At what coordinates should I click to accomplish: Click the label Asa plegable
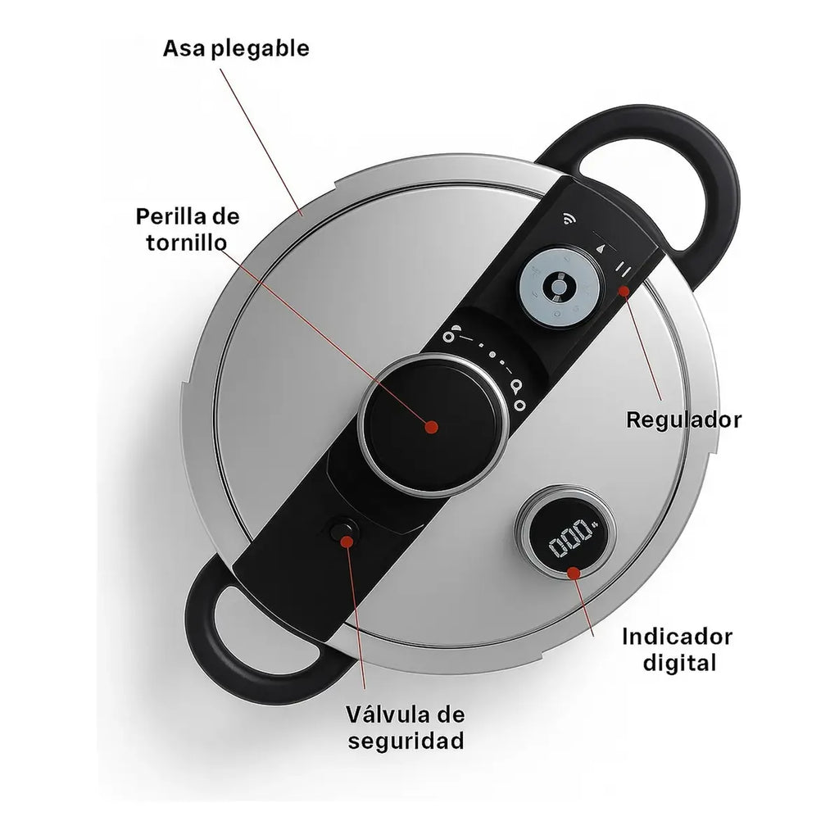236,48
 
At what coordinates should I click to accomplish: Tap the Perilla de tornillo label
188,229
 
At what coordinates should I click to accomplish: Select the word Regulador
684,420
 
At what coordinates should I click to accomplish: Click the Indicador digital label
677,650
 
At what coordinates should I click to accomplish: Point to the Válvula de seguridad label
406,728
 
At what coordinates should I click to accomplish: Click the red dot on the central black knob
431,427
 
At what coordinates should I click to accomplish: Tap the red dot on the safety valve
347,542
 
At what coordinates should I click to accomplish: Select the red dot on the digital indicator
574,573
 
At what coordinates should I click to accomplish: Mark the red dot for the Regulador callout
624,291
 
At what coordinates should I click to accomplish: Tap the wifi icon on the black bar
569,218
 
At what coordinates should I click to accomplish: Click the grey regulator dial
559,288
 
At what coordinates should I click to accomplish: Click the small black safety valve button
343,532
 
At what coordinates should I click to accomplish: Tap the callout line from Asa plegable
261,142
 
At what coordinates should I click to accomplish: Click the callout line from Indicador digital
583,605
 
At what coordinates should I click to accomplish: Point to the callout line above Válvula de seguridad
356,615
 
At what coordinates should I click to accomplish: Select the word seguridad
406,741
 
